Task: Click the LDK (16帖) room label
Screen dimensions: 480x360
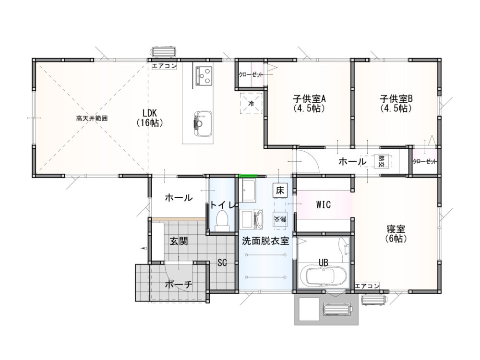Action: pos(150,118)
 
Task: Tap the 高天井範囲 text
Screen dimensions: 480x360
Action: pos(92,119)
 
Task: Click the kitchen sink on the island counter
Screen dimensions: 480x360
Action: pos(203,124)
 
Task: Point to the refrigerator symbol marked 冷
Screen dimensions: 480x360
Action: pos(251,103)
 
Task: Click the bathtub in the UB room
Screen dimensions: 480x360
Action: pos(323,276)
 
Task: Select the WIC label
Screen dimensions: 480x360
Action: pos(324,204)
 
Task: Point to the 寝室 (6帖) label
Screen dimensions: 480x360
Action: pos(396,234)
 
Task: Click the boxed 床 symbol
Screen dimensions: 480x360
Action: pos(280,191)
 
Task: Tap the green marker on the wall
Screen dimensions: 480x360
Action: pos(248,176)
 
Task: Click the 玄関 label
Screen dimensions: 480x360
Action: pos(179,241)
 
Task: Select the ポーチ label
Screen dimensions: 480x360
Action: pos(179,285)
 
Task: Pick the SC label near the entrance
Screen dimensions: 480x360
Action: pos(222,263)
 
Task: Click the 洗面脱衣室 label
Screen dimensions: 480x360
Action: pos(265,241)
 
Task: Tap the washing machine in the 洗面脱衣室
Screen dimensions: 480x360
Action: pos(251,219)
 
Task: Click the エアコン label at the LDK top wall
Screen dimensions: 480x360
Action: pos(164,65)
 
